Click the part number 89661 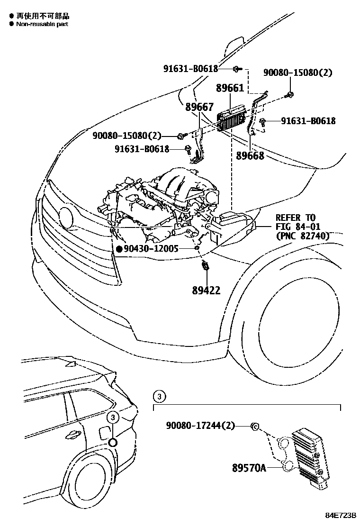[230, 88]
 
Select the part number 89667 [199, 107]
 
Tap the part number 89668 [250, 155]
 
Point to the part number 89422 [206, 290]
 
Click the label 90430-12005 [151, 248]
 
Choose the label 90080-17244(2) [200, 426]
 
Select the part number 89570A [249, 468]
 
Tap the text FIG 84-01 [298, 227]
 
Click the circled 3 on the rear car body [113, 418]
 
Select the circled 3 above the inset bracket [160, 396]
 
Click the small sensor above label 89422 [206, 266]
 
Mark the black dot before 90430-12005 [119, 248]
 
